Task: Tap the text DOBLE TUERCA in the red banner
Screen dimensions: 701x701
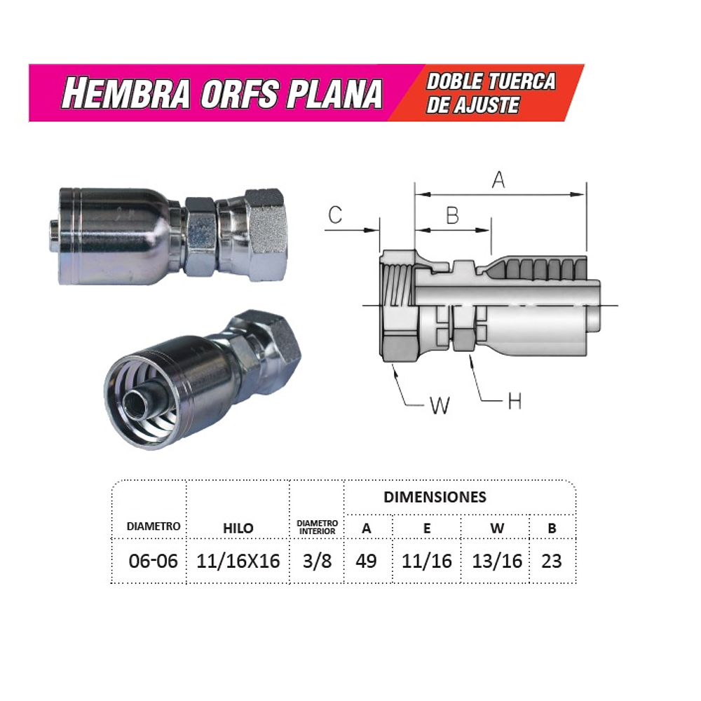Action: click(x=491, y=81)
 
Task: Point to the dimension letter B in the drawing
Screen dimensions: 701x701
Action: click(x=453, y=215)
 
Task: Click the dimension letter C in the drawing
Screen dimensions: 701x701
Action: click(x=335, y=215)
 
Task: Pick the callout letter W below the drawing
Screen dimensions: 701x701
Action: click(x=440, y=405)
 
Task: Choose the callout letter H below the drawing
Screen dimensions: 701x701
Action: click(x=515, y=401)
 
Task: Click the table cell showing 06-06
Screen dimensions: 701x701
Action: click(x=154, y=561)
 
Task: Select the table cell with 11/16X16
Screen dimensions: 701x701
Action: click(x=238, y=561)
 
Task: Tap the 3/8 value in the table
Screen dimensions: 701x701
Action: click(x=318, y=561)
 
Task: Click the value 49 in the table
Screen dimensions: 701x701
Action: click(x=366, y=561)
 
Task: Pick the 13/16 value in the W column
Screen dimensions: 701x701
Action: click(x=496, y=561)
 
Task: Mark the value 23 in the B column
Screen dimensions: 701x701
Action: click(x=552, y=561)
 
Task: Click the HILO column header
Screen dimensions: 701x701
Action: click(x=238, y=528)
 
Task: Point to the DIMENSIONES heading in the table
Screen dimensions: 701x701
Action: click(x=435, y=497)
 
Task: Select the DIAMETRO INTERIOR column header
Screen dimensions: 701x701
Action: click(x=318, y=527)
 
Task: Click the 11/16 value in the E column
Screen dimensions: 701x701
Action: click(x=426, y=561)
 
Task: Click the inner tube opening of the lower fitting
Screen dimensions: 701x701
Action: click(x=135, y=402)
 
